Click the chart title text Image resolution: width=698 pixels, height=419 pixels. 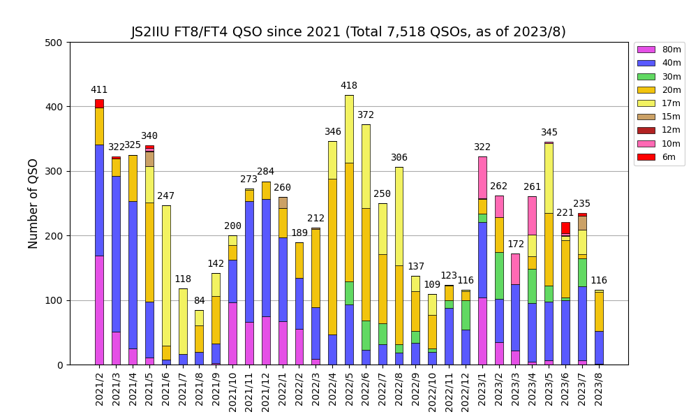pos(348,32)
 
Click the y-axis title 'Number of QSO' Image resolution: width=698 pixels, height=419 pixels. pos(34,203)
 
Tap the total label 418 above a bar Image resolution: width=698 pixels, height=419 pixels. pos(349,86)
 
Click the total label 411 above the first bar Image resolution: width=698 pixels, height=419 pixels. pos(99,90)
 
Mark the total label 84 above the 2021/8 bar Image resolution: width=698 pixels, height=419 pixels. pos(199,301)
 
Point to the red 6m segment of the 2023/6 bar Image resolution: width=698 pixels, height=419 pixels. pos(565,228)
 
